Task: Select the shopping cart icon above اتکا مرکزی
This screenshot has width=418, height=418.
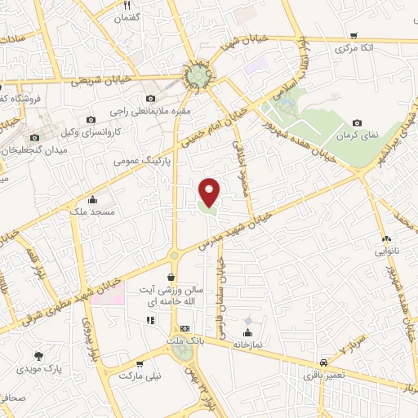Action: coord(353,36)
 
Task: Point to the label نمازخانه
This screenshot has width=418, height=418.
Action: coord(247,345)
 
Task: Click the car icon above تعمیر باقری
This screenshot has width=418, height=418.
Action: coord(324,362)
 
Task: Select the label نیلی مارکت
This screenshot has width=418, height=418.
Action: coord(136,378)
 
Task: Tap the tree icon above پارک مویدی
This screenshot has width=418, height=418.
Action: coord(38,356)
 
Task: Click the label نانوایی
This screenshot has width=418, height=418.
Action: coord(387,251)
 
